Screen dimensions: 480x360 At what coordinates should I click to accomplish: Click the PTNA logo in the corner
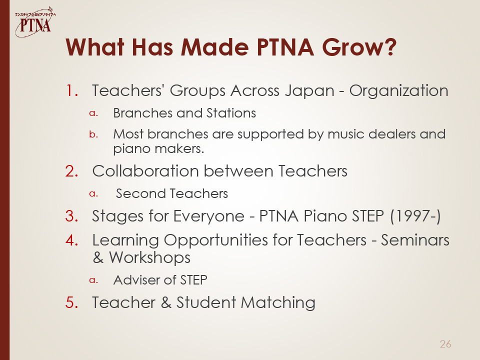[x=35, y=22]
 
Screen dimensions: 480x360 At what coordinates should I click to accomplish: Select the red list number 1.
[x=72, y=90]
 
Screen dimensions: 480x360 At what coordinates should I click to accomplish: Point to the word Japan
[x=309, y=91]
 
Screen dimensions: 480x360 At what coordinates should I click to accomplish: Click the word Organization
[x=399, y=91]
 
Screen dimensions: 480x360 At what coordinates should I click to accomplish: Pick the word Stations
[x=231, y=113]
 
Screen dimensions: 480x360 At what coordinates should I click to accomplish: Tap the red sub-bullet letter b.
[x=93, y=134]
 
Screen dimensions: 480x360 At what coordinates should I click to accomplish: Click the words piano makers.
[x=158, y=149]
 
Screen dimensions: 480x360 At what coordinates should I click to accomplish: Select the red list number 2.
[x=72, y=171]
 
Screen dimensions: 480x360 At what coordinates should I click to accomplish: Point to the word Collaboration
[x=145, y=171]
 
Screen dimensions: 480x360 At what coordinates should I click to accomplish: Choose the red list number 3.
[x=72, y=216]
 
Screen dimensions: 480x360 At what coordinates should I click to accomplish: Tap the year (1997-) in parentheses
[x=415, y=216]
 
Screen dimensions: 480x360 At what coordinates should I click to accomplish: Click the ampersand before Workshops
[x=98, y=258]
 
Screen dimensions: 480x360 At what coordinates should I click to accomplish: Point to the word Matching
[x=278, y=303]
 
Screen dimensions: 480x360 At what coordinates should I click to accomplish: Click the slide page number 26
[x=445, y=344]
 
